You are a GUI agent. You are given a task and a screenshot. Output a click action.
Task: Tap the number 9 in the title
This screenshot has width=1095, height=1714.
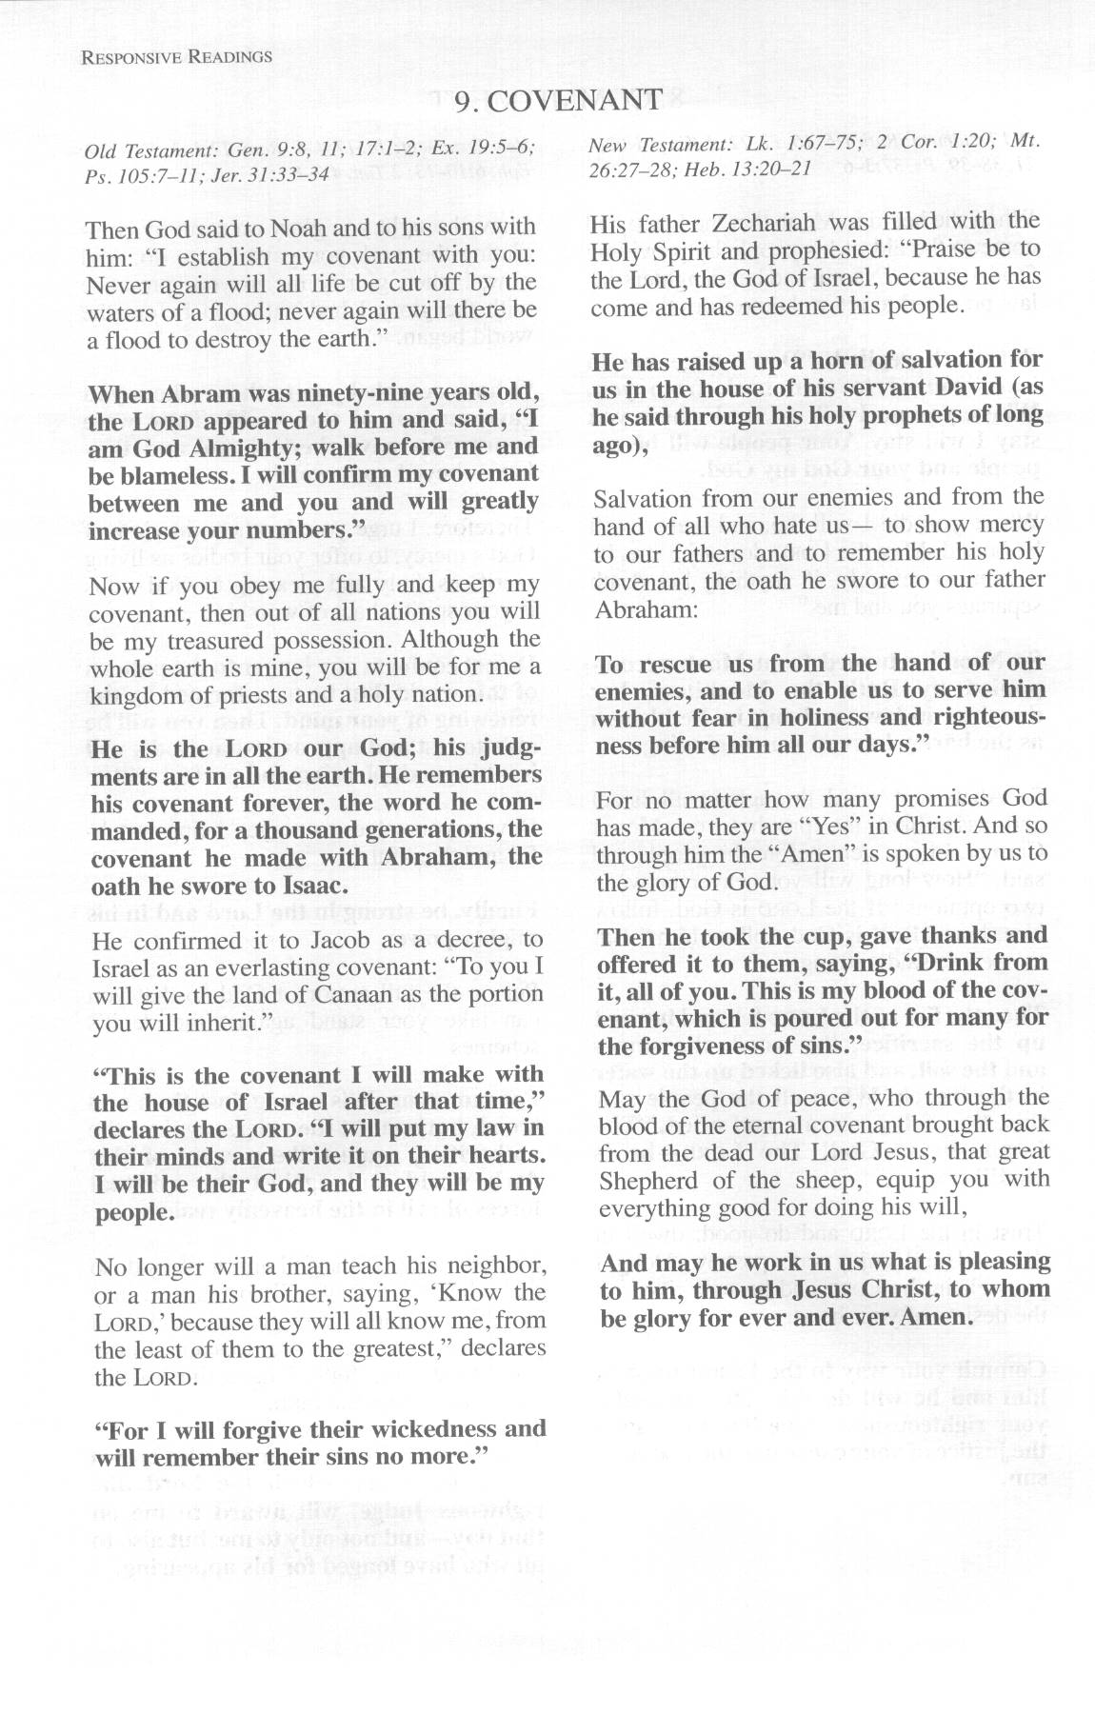tap(463, 101)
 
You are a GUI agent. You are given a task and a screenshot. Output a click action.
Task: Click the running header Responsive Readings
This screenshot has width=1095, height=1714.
tap(177, 57)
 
